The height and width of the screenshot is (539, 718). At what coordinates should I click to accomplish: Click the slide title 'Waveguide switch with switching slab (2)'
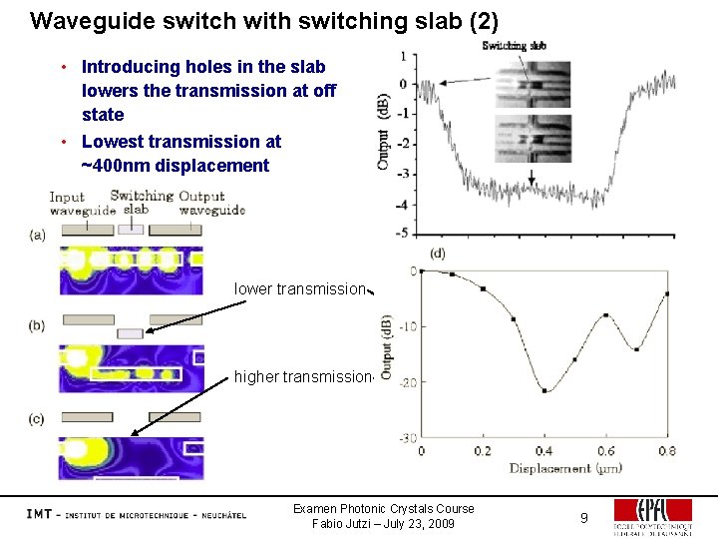(x=264, y=20)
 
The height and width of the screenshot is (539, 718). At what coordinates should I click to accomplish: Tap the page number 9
(x=585, y=517)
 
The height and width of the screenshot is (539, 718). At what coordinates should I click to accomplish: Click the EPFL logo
(x=653, y=517)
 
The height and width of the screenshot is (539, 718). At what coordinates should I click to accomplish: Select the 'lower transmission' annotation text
(x=299, y=289)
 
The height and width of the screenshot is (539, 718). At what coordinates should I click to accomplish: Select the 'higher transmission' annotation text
(x=302, y=376)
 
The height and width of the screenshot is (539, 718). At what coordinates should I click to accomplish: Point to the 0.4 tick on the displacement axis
(x=543, y=451)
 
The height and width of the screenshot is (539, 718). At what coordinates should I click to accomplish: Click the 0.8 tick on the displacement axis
(x=666, y=451)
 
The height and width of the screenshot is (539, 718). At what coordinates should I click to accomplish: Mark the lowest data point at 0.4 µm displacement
(x=544, y=390)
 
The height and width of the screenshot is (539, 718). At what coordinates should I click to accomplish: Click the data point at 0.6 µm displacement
(x=605, y=315)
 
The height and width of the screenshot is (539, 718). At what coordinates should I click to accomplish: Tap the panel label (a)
(x=38, y=235)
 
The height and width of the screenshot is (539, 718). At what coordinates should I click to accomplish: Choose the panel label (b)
(x=38, y=325)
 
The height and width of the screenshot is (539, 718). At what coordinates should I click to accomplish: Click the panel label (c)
(x=38, y=419)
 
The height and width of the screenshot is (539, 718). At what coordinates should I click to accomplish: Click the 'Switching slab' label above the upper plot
(x=513, y=46)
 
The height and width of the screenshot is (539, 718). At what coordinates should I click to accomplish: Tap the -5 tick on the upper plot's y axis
(x=402, y=233)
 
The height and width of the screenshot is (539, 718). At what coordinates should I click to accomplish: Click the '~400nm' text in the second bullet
(x=113, y=166)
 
